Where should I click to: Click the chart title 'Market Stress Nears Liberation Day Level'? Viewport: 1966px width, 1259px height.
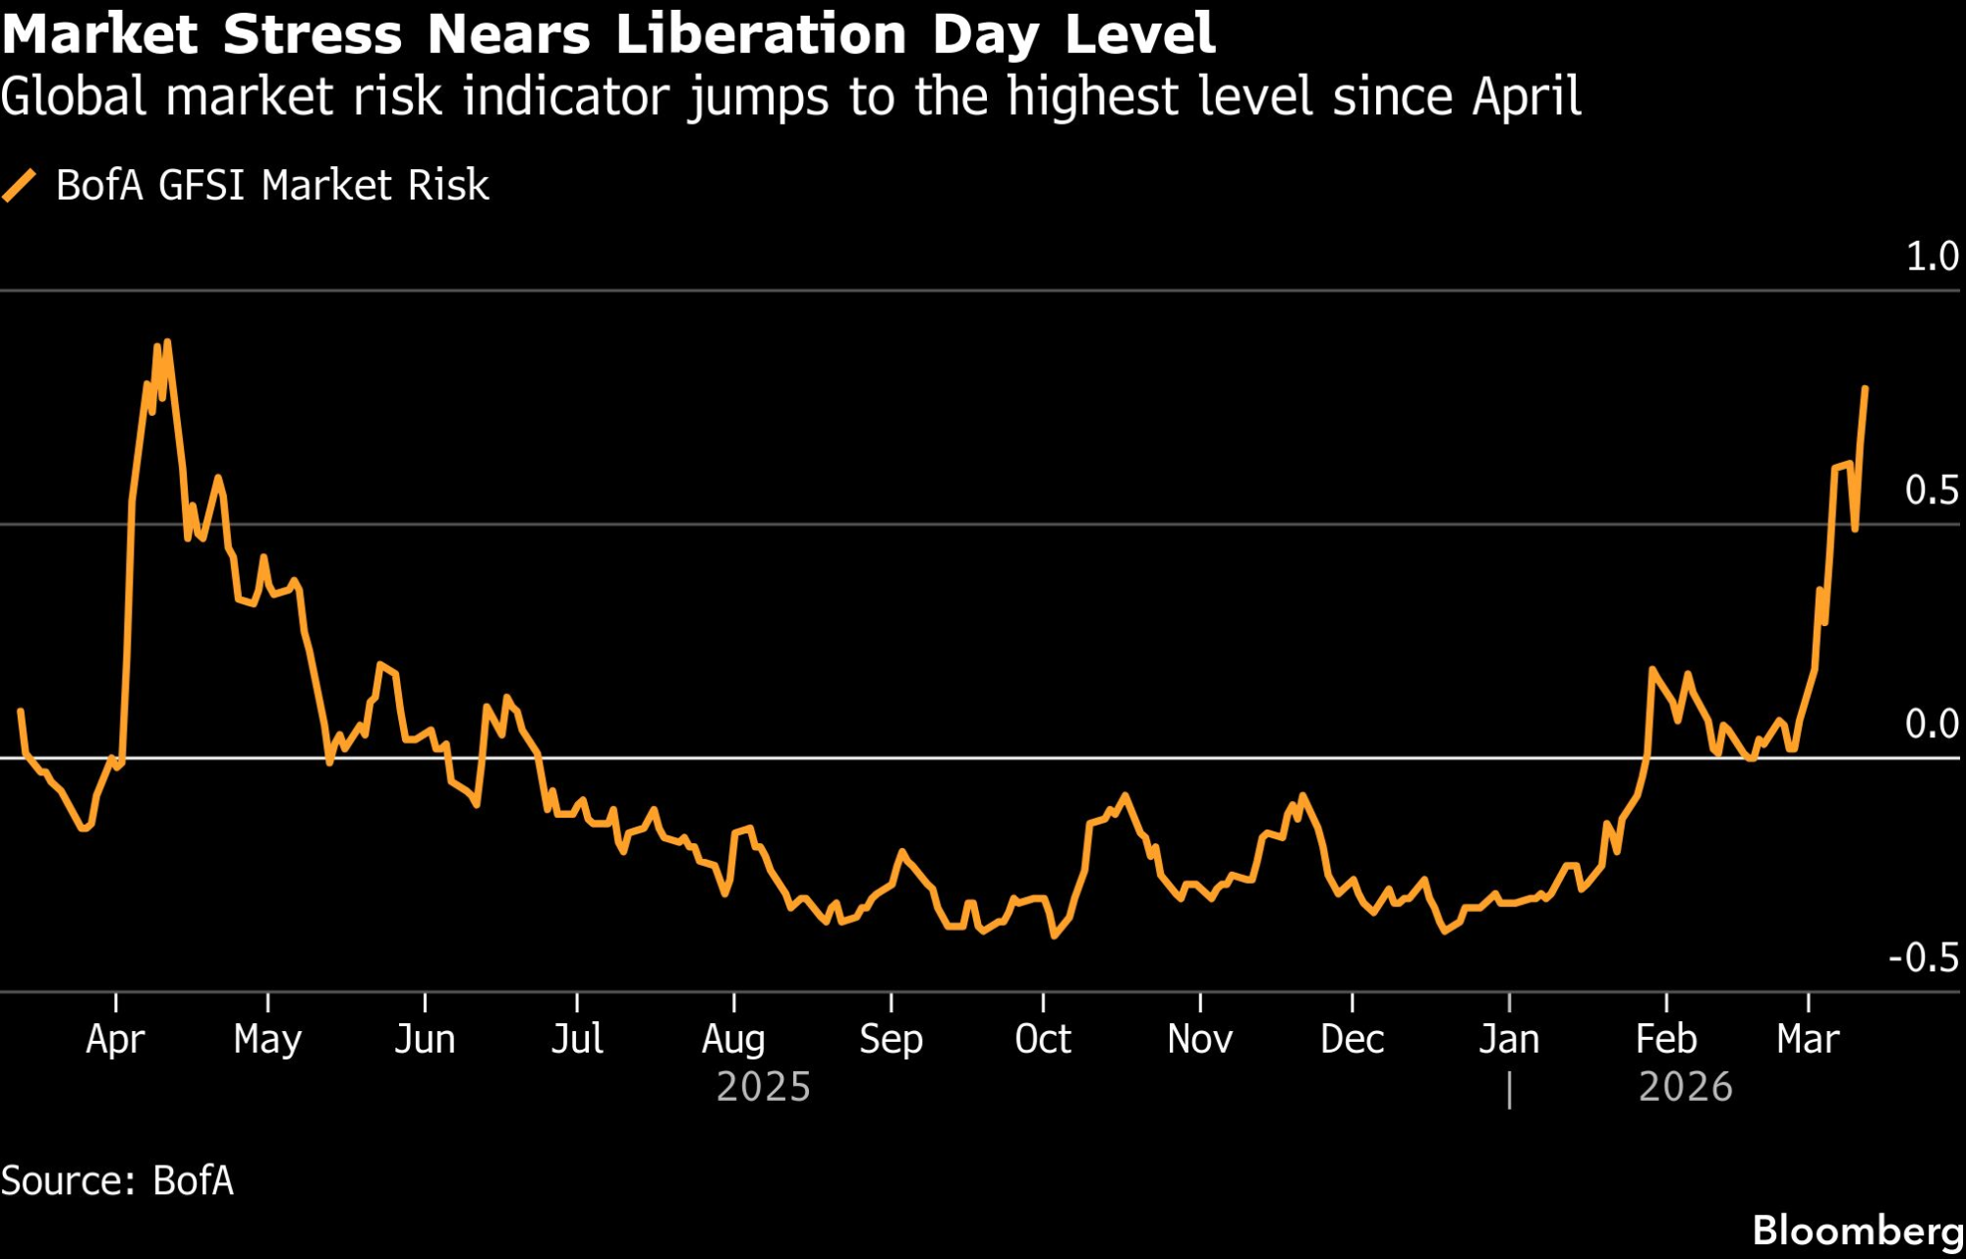tap(607, 33)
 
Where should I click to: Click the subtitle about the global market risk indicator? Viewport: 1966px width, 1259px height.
tap(790, 96)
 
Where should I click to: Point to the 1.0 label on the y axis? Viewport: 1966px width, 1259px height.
tap(1932, 257)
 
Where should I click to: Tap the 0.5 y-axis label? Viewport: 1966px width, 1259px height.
tap(1932, 489)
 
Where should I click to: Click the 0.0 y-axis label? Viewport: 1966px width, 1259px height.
tap(1932, 724)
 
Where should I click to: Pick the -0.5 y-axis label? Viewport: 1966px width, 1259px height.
tap(1924, 957)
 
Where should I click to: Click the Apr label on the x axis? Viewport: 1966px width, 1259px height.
tap(115, 1039)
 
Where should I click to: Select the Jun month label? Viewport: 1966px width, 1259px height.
tap(425, 1039)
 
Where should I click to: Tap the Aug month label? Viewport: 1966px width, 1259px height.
tap(733, 1039)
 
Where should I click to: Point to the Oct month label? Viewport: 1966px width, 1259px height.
tap(1042, 1039)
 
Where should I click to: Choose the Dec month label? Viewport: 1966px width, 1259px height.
tap(1352, 1039)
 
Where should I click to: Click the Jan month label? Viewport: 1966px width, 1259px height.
tap(1509, 1039)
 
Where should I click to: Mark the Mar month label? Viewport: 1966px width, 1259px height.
tap(1808, 1039)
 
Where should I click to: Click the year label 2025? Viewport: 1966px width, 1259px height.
tap(763, 1087)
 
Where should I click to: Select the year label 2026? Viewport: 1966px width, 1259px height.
tap(1685, 1087)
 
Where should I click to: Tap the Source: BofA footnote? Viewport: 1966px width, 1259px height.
tap(117, 1180)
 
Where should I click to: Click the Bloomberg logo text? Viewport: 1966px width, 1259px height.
tap(1857, 1230)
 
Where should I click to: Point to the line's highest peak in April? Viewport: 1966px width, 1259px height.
tap(167, 342)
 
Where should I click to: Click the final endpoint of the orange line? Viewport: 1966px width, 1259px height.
tap(1865, 389)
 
